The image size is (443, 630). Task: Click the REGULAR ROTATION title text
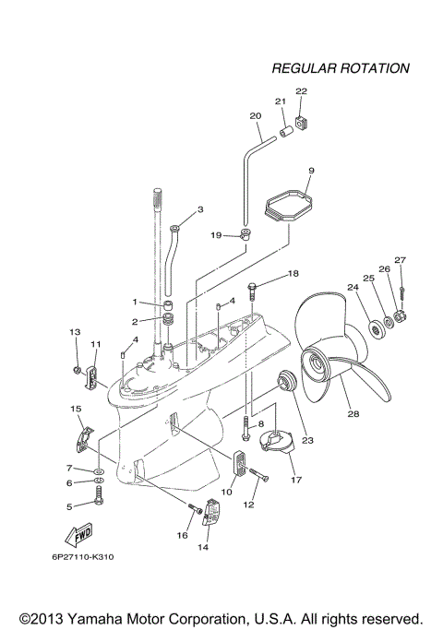[341, 69]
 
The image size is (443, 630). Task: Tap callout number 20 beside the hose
[256, 116]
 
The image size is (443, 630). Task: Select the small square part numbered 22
[302, 122]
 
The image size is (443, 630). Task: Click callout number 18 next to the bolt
[293, 274]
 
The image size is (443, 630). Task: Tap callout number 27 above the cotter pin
[401, 260]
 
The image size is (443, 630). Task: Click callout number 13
[77, 331]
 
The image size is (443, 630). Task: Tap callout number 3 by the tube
[199, 209]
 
